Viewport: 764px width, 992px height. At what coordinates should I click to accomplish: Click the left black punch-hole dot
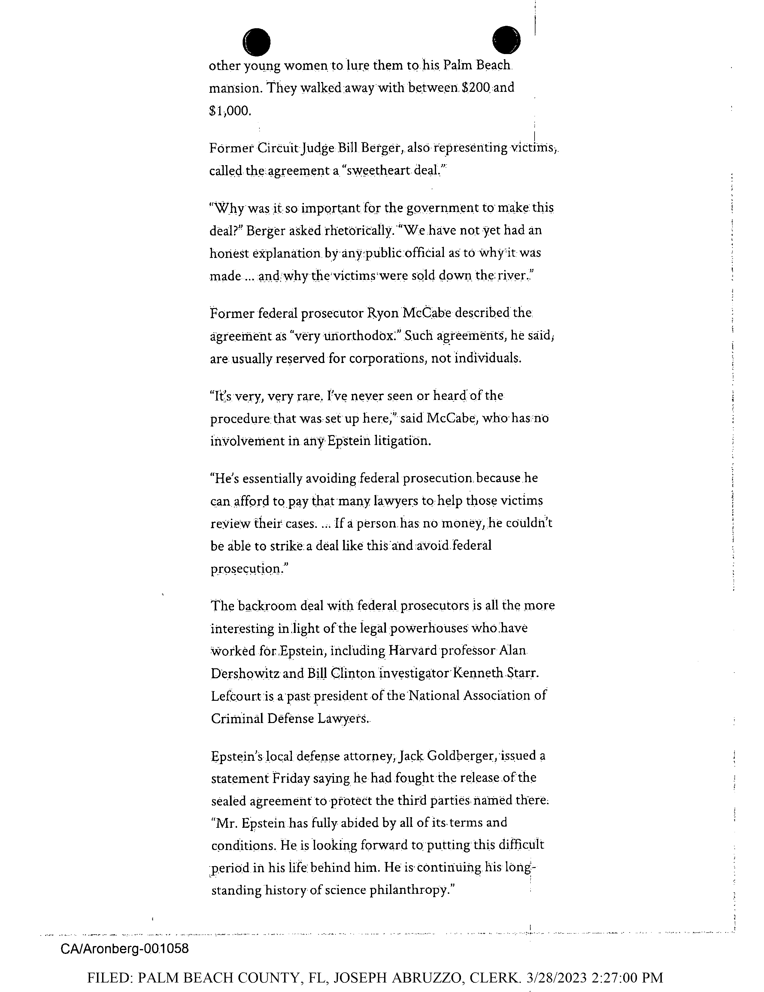tap(257, 42)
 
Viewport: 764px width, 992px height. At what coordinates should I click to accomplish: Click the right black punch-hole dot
tap(506, 40)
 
